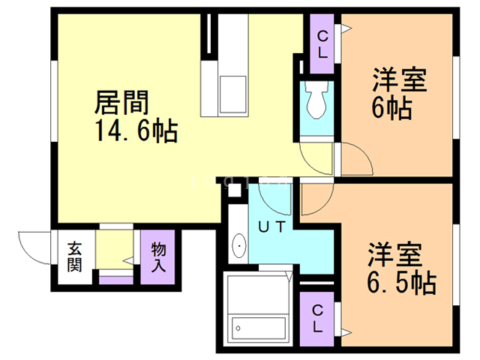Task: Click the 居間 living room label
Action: (121, 103)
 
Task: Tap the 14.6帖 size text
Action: (136, 130)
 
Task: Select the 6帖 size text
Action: (391, 108)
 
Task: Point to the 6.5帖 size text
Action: (402, 282)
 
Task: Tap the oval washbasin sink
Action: (239, 246)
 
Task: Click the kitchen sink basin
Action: (233, 94)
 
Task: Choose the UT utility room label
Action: (271, 227)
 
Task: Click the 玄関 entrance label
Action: (74, 256)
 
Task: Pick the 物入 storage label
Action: (158, 257)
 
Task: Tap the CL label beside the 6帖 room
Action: (322, 45)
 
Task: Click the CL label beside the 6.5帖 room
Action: (317, 318)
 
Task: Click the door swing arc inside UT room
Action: (269, 205)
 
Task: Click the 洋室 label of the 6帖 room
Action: (400, 80)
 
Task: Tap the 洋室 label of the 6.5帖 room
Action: (395, 255)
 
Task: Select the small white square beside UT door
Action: (235, 190)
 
